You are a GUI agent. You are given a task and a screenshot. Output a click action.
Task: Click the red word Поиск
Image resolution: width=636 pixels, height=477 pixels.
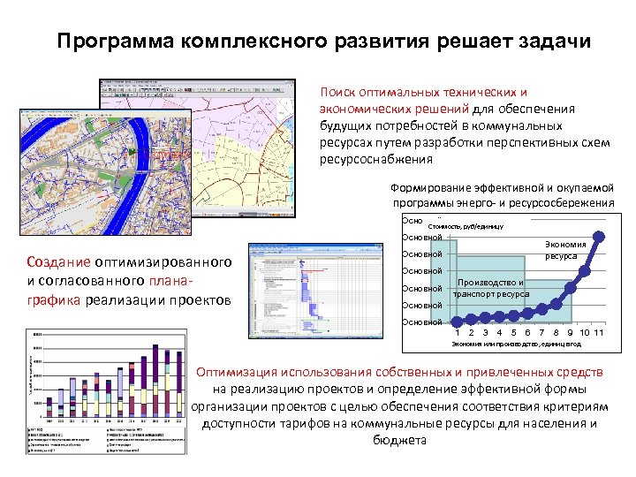pos(338,92)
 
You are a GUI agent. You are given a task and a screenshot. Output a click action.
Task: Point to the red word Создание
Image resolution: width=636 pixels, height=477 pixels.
pos(57,262)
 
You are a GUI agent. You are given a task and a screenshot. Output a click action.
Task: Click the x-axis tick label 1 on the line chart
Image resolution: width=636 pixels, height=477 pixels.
pos(457,331)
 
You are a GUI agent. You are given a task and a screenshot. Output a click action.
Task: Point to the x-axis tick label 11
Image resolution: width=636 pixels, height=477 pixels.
pos(598,331)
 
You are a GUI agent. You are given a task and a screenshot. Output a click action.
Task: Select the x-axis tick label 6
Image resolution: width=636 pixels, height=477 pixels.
pos(527,331)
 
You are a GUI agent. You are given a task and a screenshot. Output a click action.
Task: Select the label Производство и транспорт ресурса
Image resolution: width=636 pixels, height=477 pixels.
pos(491,288)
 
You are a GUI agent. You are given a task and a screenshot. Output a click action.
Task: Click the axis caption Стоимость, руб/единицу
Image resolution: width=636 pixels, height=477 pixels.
pos(466,226)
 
